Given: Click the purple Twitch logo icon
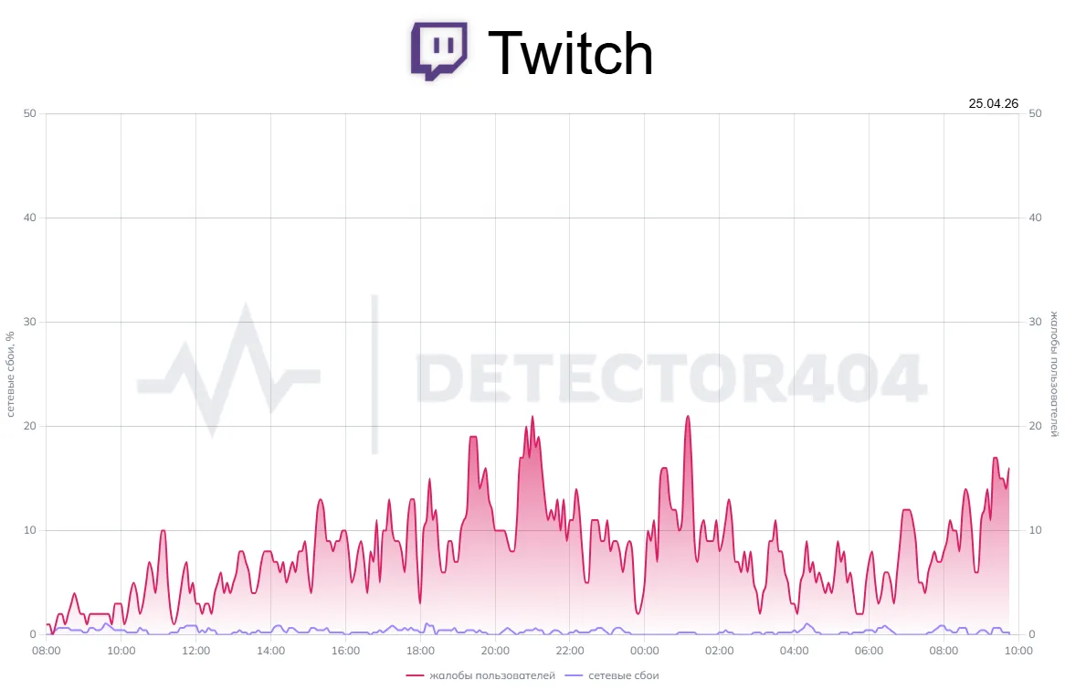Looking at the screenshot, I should (x=438, y=52).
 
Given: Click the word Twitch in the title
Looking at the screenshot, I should (x=571, y=53).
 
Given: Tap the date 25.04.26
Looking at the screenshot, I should (x=993, y=103).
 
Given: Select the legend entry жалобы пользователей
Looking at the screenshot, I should (x=480, y=675).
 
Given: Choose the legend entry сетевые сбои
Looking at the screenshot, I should (x=612, y=675).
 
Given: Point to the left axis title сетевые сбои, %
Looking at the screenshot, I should (x=10, y=374).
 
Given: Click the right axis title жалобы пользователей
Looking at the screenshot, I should (x=1053, y=374).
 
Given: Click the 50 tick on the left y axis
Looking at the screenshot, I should (x=29, y=113).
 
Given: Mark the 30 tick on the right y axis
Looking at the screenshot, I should (x=1035, y=322).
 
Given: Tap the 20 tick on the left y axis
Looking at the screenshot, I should (x=29, y=426).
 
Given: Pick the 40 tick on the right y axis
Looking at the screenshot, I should (x=1035, y=218).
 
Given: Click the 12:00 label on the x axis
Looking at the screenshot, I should (x=195, y=651).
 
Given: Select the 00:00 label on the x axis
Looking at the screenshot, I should (x=644, y=651).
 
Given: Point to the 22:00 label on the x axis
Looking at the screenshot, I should (x=569, y=651).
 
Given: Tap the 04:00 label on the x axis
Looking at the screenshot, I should (x=794, y=651).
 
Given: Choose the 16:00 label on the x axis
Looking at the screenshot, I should (x=345, y=651).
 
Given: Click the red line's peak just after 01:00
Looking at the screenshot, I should (x=688, y=417).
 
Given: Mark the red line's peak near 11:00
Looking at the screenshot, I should (x=163, y=530).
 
